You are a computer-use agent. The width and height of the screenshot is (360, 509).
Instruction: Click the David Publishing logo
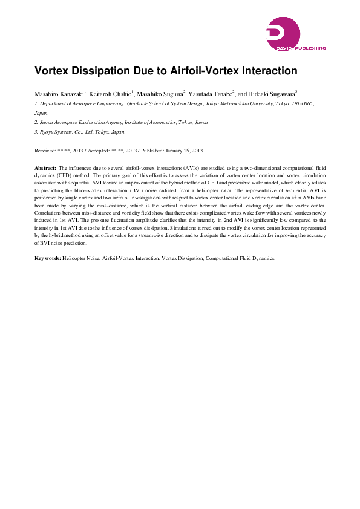click(x=295, y=33)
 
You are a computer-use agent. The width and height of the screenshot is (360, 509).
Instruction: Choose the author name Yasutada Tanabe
click(x=209, y=94)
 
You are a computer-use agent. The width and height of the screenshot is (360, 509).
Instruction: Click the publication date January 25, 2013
click(x=182, y=150)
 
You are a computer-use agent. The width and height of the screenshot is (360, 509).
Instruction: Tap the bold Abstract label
click(x=45, y=167)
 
